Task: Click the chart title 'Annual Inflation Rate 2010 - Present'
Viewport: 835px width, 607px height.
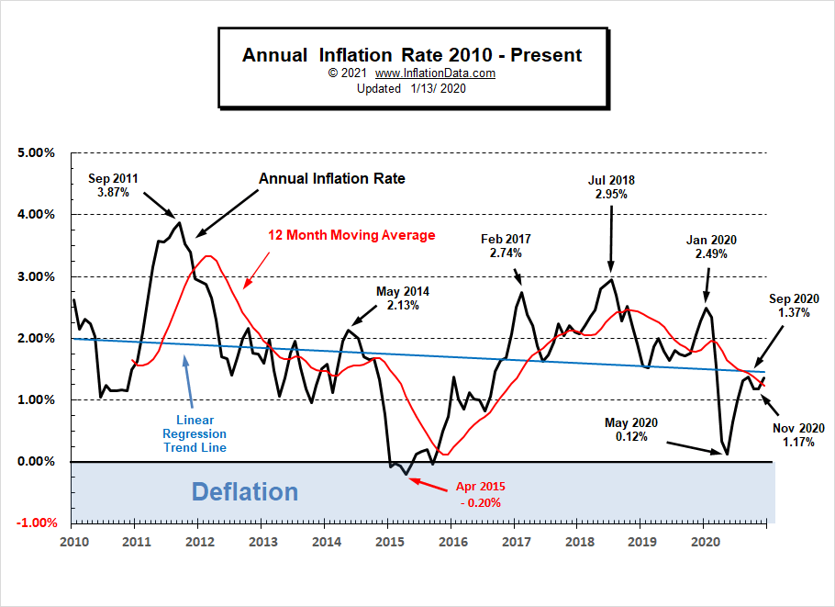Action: (x=411, y=55)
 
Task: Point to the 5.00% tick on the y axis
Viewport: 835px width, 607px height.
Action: (x=37, y=152)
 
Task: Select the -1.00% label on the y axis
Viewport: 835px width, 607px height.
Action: (x=36, y=523)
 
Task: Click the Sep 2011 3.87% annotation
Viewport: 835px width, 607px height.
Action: (x=115, y=185)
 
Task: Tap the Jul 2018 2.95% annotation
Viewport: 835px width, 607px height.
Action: (x=611, y=186)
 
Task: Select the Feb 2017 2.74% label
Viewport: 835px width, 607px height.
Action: (x=506, y=245)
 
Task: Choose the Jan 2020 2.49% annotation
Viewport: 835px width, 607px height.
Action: (x=711, y=247)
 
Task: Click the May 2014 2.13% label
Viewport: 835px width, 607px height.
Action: (x=402, y=298)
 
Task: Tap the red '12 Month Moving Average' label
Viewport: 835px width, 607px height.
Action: (x=351, y=236)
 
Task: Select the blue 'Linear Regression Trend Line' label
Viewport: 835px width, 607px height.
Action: (x=194, y=433)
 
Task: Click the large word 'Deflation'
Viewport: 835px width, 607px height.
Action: (x=244, y=492)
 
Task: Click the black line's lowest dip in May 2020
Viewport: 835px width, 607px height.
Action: (x=727, y=454)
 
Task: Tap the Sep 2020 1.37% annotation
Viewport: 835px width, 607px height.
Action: (x=794, y=306)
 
